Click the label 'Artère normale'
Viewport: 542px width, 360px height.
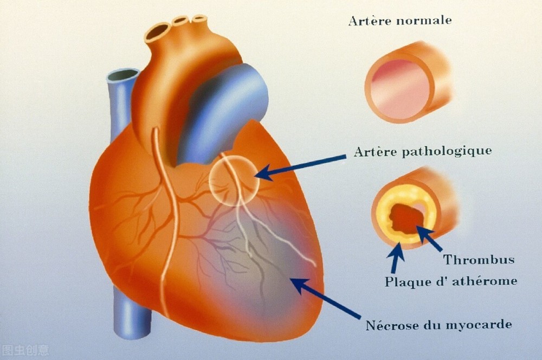[x=399, y=21]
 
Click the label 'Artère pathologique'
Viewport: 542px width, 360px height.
[x=422, y=151]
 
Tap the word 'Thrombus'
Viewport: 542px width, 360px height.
[x=479, y=259]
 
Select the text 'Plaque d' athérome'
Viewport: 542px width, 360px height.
[x=451, y=281]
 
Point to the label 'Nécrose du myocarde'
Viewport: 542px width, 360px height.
[x=438, y=325]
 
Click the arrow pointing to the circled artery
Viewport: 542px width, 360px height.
[x=301, y=167]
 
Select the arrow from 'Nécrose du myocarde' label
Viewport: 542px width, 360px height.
[x=325, y=297]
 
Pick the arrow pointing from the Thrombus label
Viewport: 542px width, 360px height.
[x=429, y=237]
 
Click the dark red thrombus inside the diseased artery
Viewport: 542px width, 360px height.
[x=405, y=218]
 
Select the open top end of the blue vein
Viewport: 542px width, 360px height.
[x=122, y=75]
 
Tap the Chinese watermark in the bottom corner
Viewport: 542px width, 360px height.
[x=25, y=350]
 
